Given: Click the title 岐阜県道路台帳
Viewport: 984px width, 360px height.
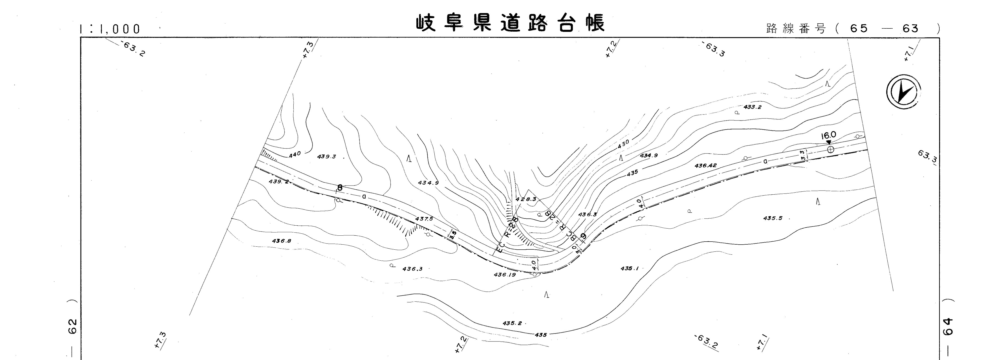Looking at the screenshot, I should click(x=510, y=24).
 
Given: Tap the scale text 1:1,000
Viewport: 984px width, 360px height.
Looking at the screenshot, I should click(x=110, y=29).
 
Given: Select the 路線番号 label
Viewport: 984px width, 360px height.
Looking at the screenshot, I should click(x=796, y=29).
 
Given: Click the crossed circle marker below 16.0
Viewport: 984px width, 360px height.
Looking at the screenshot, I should click(x=830, y=149).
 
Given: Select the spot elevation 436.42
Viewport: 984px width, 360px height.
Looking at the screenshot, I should click(x=705, y=166).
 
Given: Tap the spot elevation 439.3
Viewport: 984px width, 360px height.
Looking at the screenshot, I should click(x=327, y=156).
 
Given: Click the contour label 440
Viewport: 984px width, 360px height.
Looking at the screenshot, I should click(x=295, y=154).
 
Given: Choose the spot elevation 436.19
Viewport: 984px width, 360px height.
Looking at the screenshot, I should click(x=505, y=274).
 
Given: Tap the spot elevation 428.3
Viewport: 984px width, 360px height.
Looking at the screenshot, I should click(x=526, y=199).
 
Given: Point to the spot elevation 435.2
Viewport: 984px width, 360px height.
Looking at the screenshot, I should click(x=512, y=323).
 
